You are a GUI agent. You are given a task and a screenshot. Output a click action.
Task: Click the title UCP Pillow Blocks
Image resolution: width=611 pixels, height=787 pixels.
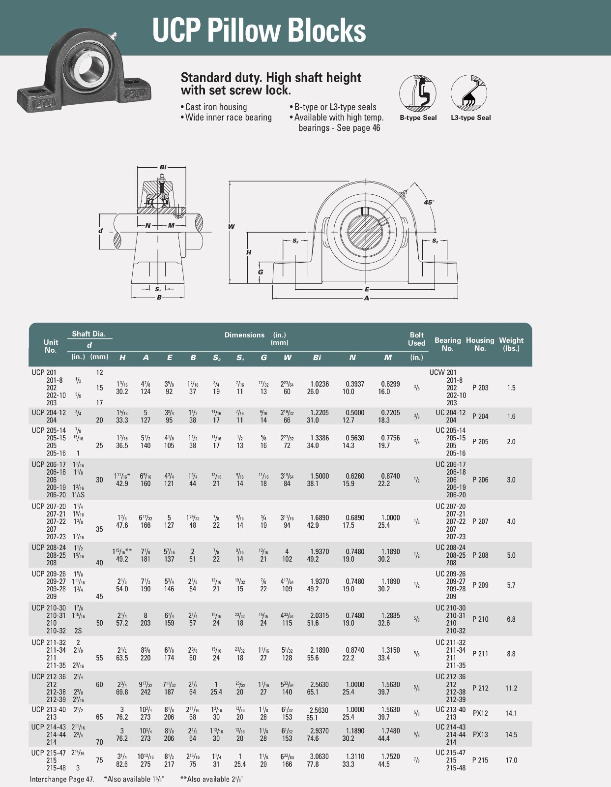(259, 30)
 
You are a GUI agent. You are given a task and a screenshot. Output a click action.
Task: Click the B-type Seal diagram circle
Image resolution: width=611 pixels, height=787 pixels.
(418, 93)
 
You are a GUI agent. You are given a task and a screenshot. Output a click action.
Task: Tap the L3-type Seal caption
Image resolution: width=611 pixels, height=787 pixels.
(470, 118)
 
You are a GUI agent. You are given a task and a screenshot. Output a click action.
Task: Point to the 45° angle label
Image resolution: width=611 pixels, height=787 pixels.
(429, 202)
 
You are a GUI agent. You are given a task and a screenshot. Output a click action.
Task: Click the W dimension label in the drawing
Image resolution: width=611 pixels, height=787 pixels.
(231, 227)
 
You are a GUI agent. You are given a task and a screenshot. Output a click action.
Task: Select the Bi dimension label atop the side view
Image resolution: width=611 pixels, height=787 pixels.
(163, 167)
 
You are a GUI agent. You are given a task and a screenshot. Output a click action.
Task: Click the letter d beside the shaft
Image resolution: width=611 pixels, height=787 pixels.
(101, 231)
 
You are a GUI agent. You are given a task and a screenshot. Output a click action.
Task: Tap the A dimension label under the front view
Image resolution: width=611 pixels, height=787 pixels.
(367, 298)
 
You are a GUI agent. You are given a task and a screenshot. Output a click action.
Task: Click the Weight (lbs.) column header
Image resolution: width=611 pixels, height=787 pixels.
(511, 344)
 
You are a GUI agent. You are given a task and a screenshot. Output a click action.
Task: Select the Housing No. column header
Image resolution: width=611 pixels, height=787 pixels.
(480, 344)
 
